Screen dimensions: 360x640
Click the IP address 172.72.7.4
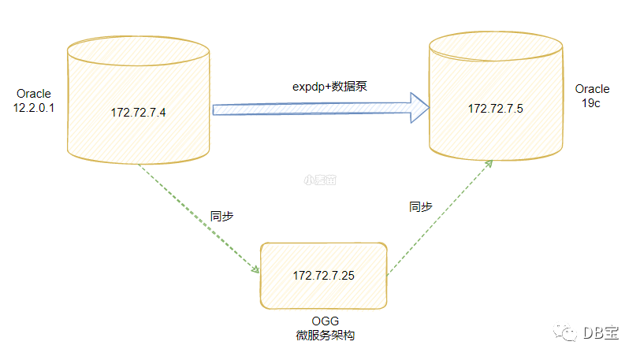pos(139,113)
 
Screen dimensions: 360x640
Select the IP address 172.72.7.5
pos(496,108)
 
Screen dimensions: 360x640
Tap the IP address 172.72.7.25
pos(323,275)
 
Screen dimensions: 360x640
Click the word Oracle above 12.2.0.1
pos(32,95)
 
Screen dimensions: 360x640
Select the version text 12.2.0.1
pos(32,108)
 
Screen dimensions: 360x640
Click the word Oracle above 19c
pos(592,89)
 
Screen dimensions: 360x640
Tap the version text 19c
pos(592,103)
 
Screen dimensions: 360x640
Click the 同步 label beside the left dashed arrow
pos(222,215)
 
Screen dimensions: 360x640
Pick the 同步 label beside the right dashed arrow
pos(420,206)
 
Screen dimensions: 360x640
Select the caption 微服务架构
pos(326,336)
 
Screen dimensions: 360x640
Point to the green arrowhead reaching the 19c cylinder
pos(489,161)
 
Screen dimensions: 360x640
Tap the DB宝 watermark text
pos(601,333)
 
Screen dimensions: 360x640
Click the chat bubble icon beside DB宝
pos(566,333)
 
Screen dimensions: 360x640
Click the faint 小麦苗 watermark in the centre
pos(320,180)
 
